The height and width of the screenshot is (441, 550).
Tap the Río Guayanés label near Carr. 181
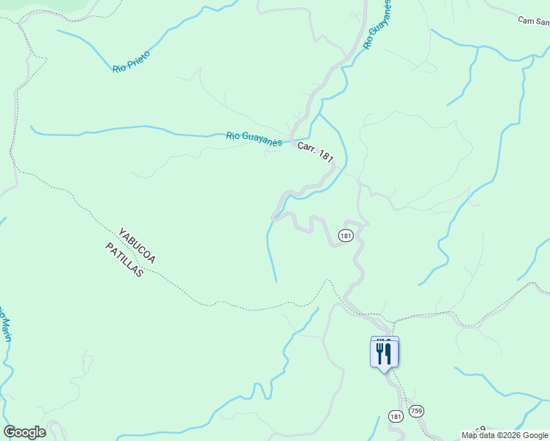254,138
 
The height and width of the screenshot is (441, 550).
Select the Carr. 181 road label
316,154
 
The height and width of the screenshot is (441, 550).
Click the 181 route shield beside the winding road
346,235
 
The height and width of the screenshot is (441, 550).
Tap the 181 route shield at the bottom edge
396,417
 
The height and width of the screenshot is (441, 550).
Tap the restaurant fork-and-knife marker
384,353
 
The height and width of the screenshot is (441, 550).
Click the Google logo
24,432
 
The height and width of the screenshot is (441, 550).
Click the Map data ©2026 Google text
505,435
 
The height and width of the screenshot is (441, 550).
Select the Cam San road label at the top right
534,21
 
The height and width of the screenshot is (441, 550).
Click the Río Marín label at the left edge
5,323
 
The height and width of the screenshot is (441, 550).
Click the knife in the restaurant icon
388,353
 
